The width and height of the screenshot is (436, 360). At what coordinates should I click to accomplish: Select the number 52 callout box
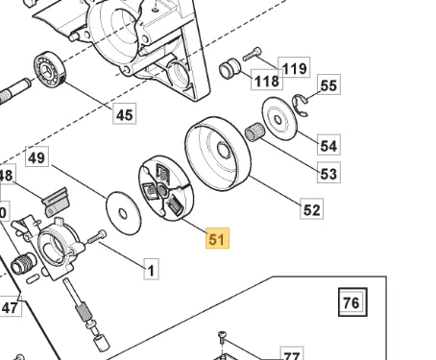click(312, 208)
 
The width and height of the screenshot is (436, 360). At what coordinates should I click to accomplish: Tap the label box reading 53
click(328, 174)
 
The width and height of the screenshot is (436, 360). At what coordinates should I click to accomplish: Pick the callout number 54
click(328, 145)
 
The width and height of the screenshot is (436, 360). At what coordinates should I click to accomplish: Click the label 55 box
click(328, 86)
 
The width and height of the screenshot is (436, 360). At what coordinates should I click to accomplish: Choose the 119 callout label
click(294, 67)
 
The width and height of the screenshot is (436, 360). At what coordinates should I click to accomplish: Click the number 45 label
click(124, 115)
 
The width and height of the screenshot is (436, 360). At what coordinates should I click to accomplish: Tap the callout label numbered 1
click(151, 270)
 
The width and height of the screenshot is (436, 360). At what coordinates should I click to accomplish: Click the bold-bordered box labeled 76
click(351, 303)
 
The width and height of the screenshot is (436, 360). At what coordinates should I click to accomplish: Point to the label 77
click(290, 354)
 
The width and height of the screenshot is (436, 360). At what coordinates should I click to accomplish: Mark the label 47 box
click(10, 307)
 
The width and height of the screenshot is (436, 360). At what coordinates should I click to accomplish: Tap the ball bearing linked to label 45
click(45, 70)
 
